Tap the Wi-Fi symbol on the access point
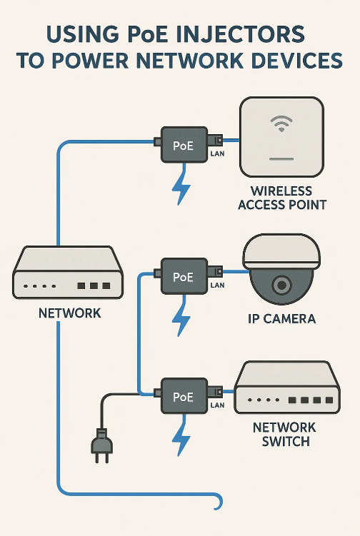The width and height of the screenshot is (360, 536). point(281,123)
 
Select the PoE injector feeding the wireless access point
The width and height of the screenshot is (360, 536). point(184,145)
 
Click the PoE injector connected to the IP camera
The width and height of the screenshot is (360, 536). point(184,276)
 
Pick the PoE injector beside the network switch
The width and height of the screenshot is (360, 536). point(184,396)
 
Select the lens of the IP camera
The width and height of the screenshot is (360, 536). point(281,284)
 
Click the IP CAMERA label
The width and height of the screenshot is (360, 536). point(281,318)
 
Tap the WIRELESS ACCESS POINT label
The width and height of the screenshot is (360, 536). point(282,198)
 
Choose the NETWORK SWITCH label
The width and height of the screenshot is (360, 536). point(285,434)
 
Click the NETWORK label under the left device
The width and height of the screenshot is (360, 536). point(70,313)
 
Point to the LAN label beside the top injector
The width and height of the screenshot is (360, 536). point(217,154)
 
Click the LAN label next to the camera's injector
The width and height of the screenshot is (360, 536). point(217,285)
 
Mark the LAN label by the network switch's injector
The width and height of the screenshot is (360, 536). point(217,405)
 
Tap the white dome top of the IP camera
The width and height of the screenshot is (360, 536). point(281,251)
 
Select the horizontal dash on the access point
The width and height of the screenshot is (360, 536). point(281,159)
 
